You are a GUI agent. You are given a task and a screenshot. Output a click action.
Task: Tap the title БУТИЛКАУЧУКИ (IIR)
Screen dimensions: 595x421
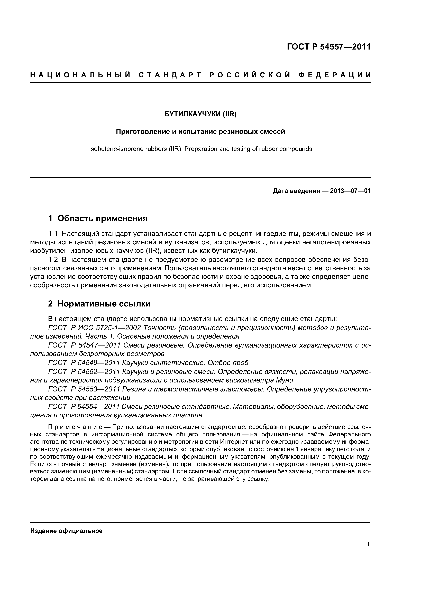[x=200, y=114]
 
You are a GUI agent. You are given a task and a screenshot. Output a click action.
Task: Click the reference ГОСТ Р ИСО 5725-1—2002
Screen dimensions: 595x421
[x=94, y=328]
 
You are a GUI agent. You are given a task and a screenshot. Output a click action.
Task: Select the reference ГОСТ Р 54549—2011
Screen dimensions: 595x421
[x=84, y=362]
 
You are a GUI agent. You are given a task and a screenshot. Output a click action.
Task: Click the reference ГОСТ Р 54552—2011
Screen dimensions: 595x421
[x=84, y=372]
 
